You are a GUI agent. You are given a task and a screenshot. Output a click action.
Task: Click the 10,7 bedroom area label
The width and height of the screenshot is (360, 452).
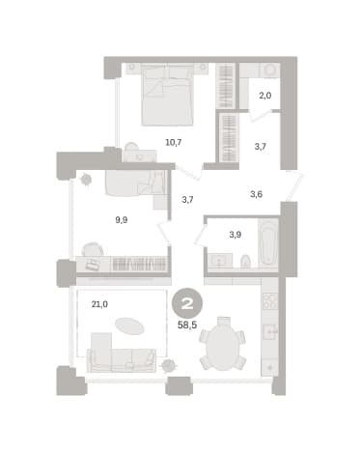(x=174, y=142)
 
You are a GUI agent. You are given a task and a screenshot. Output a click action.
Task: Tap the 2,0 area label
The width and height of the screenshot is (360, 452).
(x=265, y=96)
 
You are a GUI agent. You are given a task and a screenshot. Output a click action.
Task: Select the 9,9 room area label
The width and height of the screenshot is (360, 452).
(x=122, y=220)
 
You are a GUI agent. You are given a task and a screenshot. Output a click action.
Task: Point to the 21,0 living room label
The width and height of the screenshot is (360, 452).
(x=99, y=304)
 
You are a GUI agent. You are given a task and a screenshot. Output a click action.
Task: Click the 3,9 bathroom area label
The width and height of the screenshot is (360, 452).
(x=235, y=235)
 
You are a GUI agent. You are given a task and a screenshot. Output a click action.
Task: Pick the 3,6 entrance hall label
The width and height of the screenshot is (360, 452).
(x=256, y=194)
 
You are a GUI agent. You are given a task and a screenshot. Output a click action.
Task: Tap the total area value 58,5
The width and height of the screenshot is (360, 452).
(x=187, y=325)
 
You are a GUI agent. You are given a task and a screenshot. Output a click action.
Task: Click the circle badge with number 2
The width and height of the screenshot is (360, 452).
(x=187, y=303)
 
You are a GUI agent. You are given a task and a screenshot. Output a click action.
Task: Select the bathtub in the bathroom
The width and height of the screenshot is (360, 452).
(x=268, y=243)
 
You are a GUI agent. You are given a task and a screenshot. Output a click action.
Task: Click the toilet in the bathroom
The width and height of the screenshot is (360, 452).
(x=245, y=261)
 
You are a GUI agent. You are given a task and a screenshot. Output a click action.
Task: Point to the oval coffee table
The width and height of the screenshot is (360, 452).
(x=129, y=326)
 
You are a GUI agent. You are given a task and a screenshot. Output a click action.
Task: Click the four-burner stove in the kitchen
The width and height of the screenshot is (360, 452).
(x=270, y=301)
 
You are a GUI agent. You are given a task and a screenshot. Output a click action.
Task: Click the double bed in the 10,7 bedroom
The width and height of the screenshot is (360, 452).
(x=168, y=95)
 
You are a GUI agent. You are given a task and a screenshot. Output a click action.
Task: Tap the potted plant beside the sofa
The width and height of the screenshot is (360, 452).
(x=169, y=365)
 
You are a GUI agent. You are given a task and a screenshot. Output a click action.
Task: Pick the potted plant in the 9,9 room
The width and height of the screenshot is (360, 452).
(x=86, y=179)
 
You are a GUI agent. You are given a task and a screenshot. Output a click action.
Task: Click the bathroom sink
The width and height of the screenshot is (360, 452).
(x=220, y=260)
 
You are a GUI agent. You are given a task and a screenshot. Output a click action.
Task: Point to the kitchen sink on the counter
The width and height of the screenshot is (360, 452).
(x=270, y=332)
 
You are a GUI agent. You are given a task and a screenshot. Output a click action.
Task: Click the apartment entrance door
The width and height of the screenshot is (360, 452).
(x=294, y=187)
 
